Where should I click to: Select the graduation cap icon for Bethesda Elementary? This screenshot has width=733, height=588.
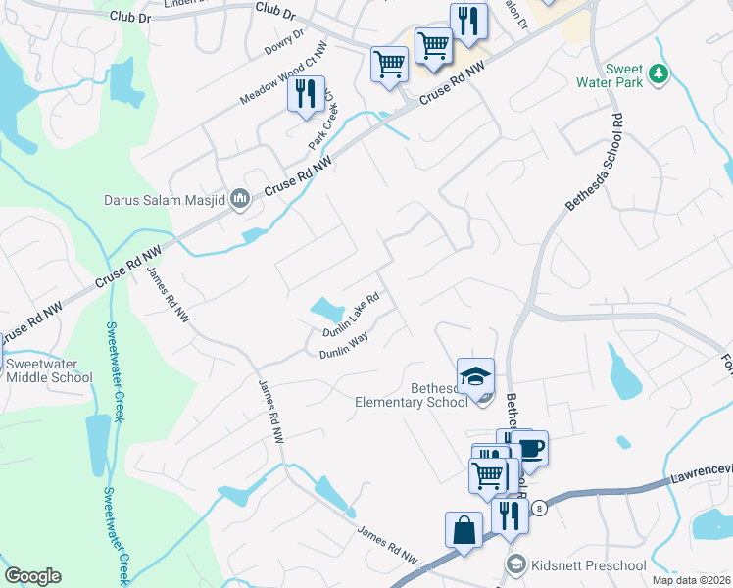point(475,374)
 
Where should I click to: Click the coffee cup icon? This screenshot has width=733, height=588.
point(530,448)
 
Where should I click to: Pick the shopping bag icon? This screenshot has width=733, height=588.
point(463,529)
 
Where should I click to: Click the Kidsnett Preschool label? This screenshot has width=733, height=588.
point(587,565)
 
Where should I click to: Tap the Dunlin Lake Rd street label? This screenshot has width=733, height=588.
point(353,315)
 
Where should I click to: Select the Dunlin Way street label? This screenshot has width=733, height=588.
point(343,348)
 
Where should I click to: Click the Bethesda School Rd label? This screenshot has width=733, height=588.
point(593,161)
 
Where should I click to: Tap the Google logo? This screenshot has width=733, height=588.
point(32,576)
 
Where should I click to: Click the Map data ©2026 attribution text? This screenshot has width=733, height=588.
point(690,580)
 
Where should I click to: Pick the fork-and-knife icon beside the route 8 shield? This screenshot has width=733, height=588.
point(508,514)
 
